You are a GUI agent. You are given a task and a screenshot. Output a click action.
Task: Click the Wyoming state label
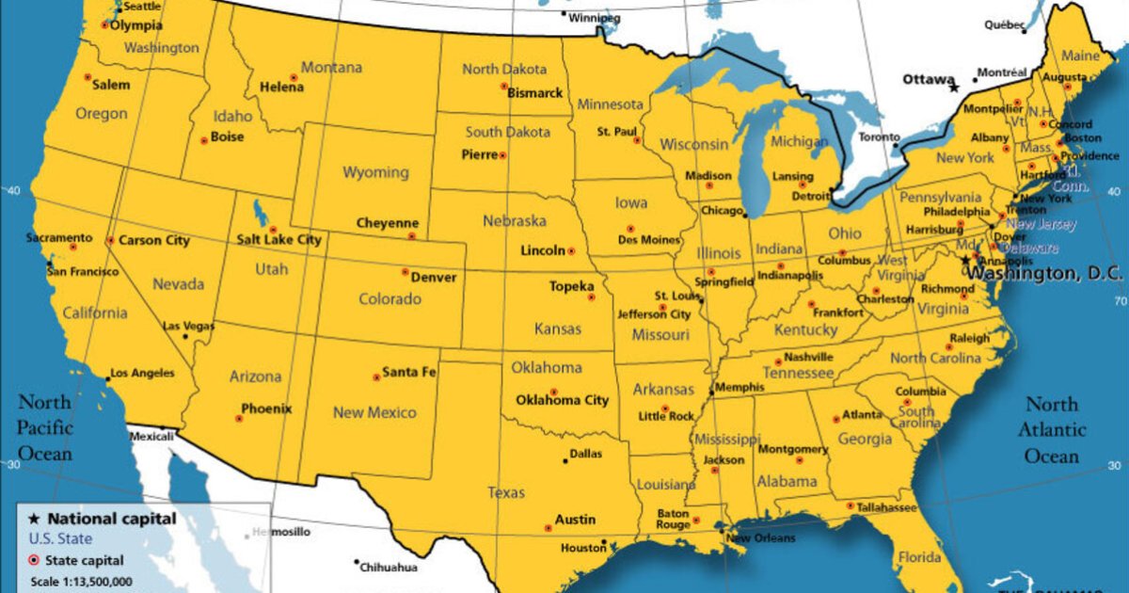(x=375, y=172)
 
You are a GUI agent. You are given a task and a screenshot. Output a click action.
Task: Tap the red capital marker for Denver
(x=405, y=272)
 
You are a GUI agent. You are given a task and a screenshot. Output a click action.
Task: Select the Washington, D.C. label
(x=1045, y=273)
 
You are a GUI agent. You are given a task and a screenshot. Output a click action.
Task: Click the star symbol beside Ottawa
(x=954, y=88)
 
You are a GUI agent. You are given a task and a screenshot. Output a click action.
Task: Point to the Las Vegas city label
(x=188, y=326)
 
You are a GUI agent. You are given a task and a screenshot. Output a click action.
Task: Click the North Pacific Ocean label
(x=44, y=428)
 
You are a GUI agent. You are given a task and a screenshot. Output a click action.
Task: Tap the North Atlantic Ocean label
(x=1052, y=430)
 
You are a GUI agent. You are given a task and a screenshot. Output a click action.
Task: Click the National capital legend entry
(x=111, y=519)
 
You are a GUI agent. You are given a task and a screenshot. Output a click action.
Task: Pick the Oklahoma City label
(x=562, y=400)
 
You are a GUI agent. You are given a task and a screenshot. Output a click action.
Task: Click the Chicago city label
(x=722, y=211)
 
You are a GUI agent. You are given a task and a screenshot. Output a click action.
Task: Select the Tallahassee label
(x=887, y=507)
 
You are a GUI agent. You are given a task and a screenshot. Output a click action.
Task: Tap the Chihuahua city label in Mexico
(x=390, y=567)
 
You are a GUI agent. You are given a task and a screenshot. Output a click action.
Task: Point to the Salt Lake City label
(x=278, y=240)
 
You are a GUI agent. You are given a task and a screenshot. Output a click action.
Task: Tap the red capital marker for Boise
(x=204, y=141)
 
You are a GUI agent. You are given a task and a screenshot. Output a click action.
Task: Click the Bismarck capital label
(x=534, y=93)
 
